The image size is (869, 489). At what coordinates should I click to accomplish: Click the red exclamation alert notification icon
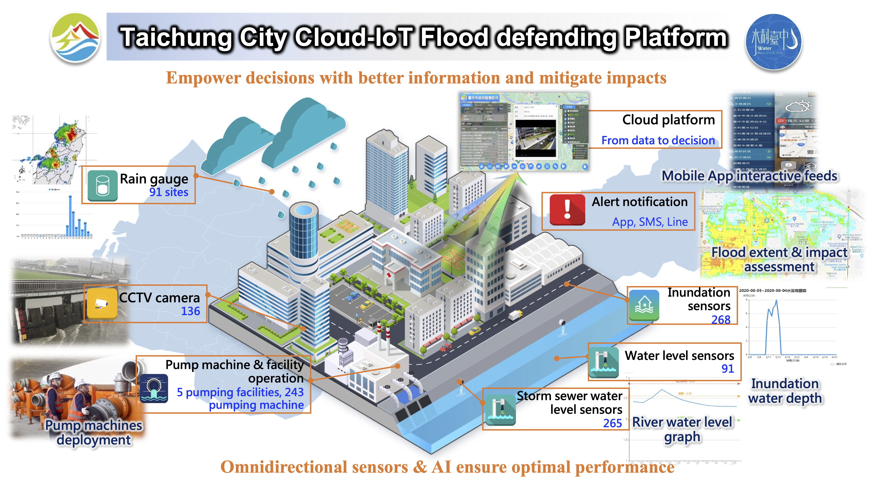coord(567,210)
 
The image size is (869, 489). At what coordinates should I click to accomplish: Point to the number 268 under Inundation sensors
coord(721,319)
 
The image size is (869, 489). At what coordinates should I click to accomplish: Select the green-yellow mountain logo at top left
coord(75,38)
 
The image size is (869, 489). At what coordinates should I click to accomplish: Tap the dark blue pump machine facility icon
coord(154,388)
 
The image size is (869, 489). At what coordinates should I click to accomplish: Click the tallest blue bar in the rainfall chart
coord(70,216)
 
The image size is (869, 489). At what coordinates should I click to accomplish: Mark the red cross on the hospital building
coord(389,275)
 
